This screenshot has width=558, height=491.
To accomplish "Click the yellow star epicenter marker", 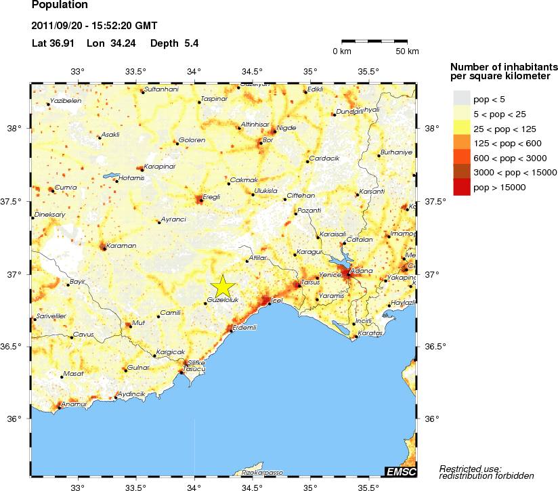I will (223, 286).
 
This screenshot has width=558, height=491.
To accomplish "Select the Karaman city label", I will (123, 245).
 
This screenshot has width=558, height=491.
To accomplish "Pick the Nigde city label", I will (287, 127).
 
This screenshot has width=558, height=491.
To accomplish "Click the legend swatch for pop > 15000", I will (461, 188).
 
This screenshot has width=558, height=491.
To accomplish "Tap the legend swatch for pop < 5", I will (461, 99).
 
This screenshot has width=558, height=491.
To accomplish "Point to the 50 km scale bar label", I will (407, 51).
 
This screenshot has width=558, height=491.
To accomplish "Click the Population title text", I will (60, 5).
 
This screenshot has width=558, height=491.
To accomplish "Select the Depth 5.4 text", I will (174, 43).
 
